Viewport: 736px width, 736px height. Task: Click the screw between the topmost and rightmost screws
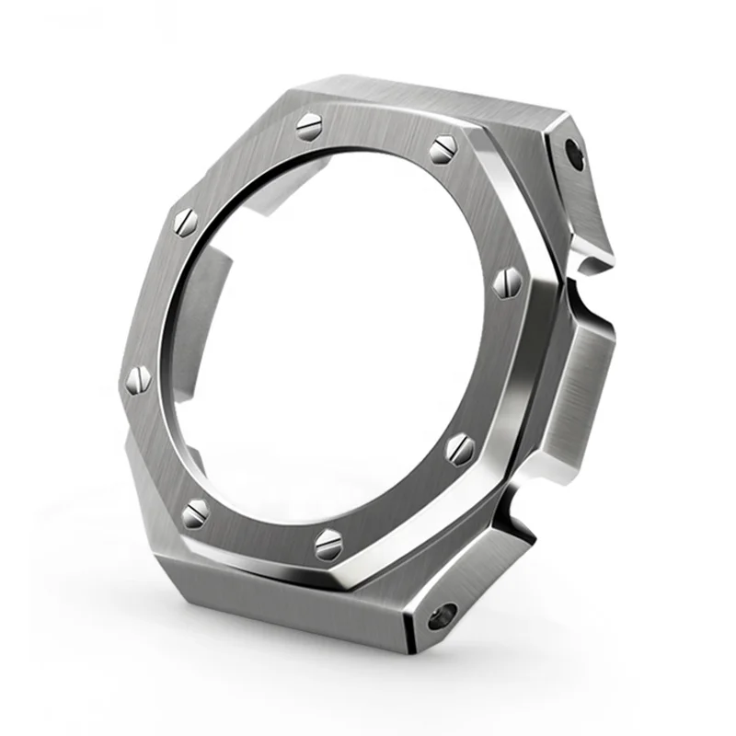(x=443, y=147)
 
